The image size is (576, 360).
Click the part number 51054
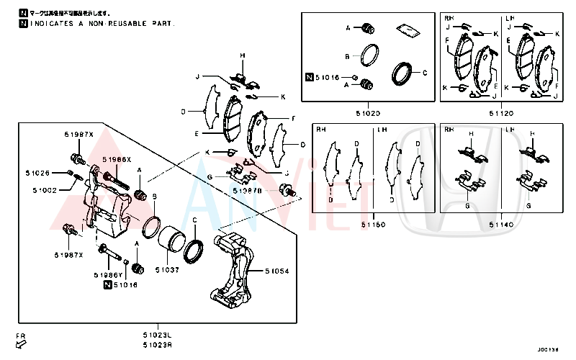tap(276, 271)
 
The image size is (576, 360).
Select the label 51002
tap(45, 190)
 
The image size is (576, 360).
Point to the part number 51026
tap(38, 173)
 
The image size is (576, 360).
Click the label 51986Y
tap(108, 275)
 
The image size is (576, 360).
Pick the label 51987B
tap(250, 191)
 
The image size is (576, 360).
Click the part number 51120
tap(502, 113)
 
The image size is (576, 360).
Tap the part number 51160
tap(373, 225)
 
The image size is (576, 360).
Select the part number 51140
tap(502, 225)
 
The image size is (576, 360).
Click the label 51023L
tap(157, 335)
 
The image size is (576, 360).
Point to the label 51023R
tap(157, 345)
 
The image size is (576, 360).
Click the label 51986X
tap(116, 159)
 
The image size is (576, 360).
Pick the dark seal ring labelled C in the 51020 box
tap(400, 73)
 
